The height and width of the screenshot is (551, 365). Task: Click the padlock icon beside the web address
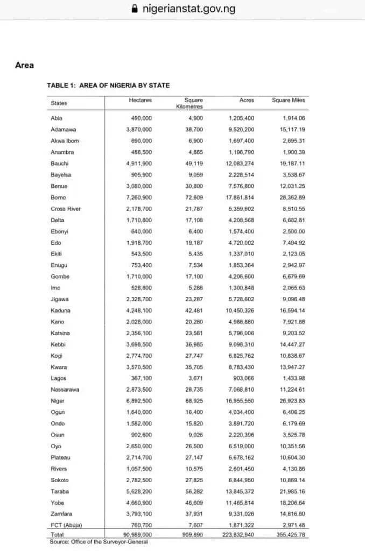135,9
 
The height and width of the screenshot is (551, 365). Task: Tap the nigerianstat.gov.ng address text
188,9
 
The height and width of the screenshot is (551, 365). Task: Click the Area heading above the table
24,65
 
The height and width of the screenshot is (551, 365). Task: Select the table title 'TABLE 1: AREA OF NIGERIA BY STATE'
108,85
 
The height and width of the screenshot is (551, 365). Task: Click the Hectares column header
141,101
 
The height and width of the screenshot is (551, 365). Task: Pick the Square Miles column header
288,101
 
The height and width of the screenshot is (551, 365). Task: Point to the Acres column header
247,101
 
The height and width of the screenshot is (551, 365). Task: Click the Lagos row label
58,378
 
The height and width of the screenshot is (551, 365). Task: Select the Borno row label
58,197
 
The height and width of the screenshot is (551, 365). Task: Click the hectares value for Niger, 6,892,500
139,401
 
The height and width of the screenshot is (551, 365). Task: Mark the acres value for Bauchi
240,164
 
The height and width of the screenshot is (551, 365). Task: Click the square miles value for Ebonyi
294,231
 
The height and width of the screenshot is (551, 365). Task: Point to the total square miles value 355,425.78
291,535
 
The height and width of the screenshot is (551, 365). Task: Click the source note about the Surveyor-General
99,542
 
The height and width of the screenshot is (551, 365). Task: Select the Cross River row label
66,209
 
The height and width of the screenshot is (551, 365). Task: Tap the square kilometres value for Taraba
193,491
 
